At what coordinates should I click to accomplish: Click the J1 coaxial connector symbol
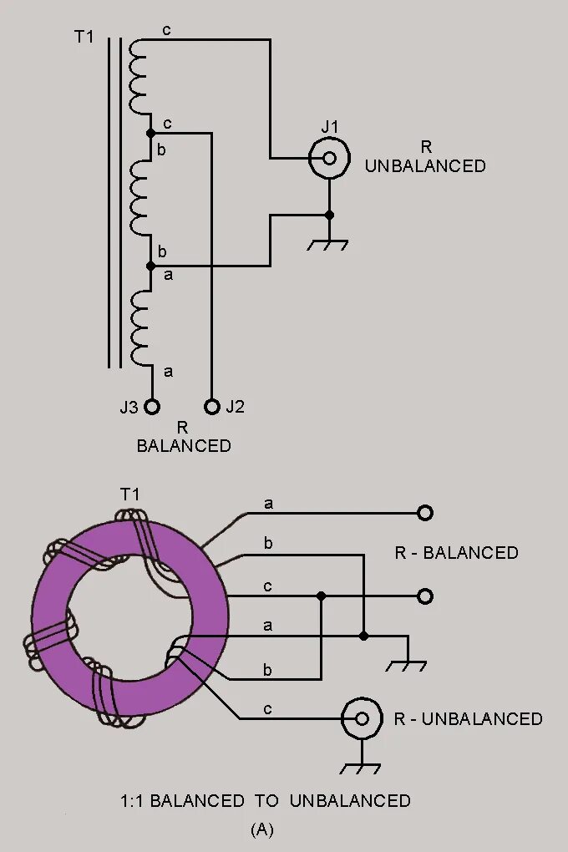coord(329,158)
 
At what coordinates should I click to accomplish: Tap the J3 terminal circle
coord(151,407)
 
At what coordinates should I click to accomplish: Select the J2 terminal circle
coord(212,407)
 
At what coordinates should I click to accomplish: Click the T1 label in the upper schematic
coord(84,38)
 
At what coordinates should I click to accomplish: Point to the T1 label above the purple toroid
coord(129,494)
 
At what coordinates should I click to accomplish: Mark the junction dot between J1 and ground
coord(329,215)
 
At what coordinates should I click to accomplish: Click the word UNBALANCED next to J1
coord(425,166)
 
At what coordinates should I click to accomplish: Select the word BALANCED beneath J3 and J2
coord(184,445)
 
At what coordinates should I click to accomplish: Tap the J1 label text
coord(331,127)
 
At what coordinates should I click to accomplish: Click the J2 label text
coord(235,408)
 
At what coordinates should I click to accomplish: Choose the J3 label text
coord(129,408)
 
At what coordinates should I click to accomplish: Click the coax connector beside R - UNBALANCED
coord(363,718)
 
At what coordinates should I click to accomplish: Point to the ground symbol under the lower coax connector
coord(363,766)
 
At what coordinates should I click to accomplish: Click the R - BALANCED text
coord(456,553)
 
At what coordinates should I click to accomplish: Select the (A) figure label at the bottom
coord(261,829)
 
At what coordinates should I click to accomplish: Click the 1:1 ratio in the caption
coord(134,801)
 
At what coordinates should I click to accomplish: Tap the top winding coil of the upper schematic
coord(139,77)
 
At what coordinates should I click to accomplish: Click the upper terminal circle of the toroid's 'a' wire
coord(425,512)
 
